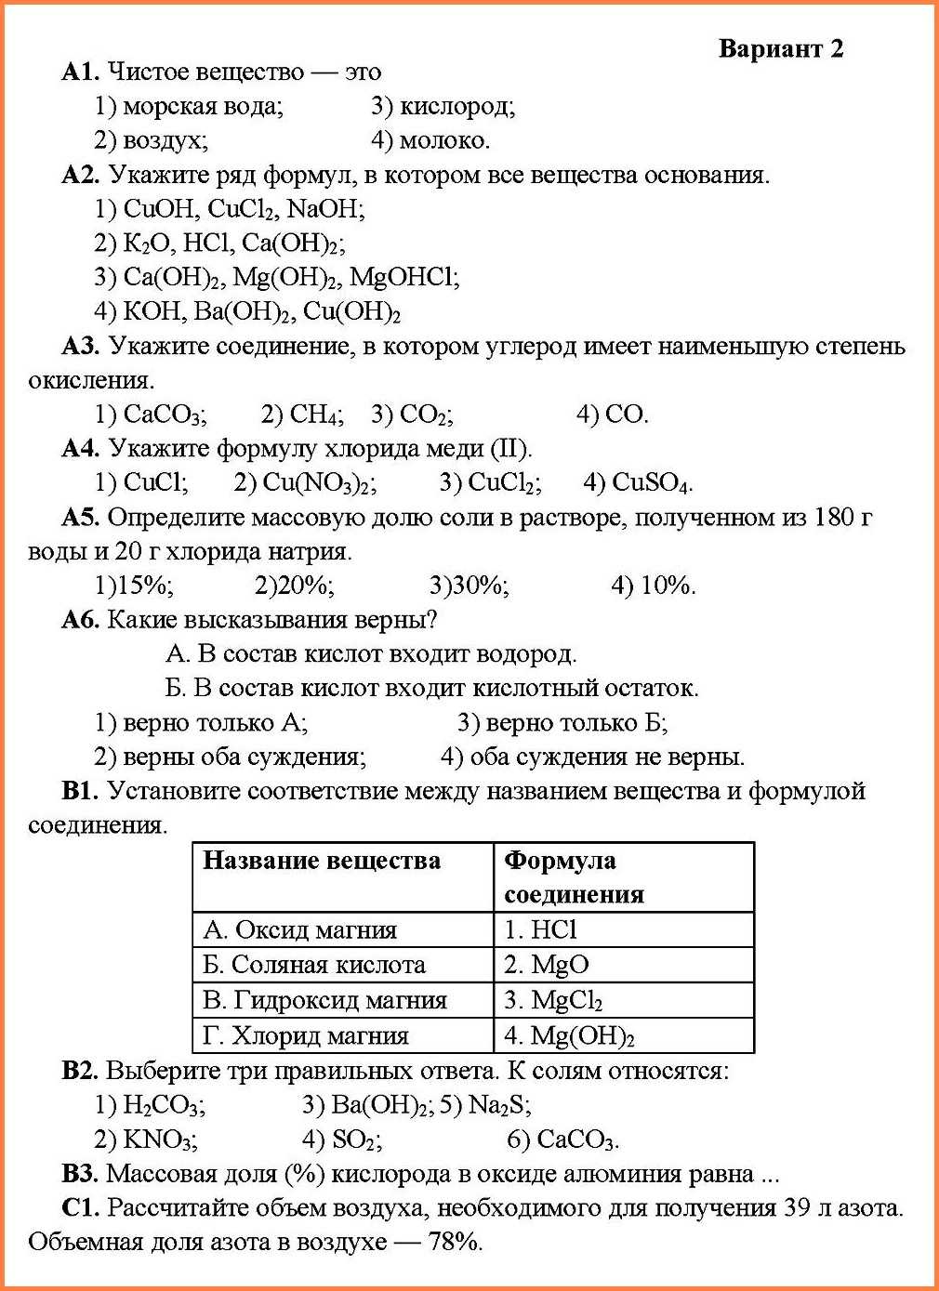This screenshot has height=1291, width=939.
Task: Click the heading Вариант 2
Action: click(781, 48)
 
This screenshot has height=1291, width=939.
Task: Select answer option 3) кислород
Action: click(443, 106)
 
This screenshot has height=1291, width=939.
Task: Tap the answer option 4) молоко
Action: click(430, 140)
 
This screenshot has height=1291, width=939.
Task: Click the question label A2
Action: click(80, 175)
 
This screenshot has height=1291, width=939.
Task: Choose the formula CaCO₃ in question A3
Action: click(165, 415)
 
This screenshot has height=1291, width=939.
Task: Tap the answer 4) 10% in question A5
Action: click(654, 586)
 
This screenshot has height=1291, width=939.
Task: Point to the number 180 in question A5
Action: click(833, 517)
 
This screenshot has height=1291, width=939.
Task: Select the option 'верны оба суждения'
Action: click(231, 757)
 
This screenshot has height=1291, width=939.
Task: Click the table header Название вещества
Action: click(322, 861)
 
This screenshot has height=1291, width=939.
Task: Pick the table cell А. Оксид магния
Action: click(300, 929)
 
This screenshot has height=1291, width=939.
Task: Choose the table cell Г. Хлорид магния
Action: click(306, 1035)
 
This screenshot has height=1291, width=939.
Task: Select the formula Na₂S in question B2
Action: click(499, 1105)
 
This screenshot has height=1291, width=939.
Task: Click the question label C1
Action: click(80, 1208)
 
